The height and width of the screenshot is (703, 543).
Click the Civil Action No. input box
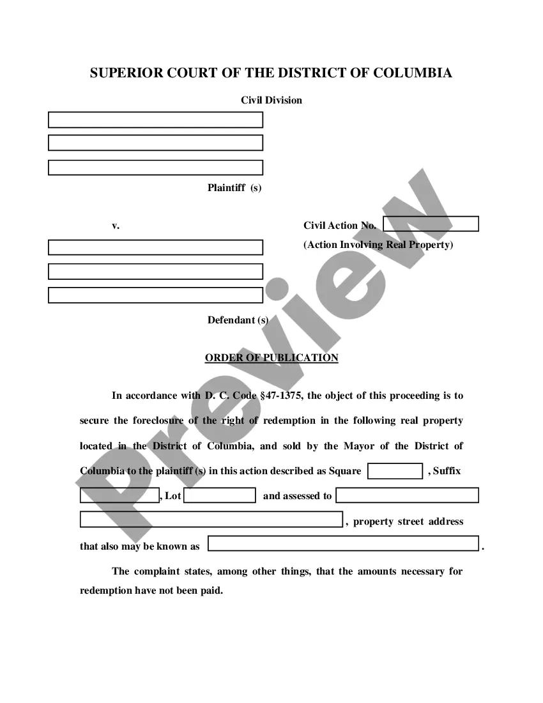pos(431,224)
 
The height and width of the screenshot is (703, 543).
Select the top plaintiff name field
pos(155,120)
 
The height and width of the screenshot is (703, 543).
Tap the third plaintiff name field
pos(155,167)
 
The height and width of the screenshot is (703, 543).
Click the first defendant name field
pos(155,247)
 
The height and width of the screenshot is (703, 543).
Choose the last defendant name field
pos(155,295)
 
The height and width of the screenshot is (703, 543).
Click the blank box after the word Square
pos(395,471)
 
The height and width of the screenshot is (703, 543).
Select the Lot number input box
pos(220,495)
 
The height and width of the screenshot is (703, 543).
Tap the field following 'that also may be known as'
pos(343,544)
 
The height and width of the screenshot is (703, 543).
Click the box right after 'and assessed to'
pos(407,495)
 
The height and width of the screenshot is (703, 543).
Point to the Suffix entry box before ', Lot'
pos(119,495)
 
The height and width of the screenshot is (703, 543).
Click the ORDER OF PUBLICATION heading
pos(271,358)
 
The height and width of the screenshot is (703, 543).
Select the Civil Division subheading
pos(271,100)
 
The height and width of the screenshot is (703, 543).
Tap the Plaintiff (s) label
pos(234,188)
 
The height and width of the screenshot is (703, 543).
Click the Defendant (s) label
pos(238,320)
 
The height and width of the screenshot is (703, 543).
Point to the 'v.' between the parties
pos(116,226)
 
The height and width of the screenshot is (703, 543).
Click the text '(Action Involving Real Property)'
pos(378,245)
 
